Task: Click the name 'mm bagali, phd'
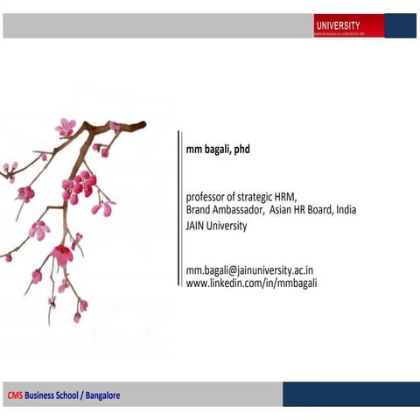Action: click(x=218, y=150)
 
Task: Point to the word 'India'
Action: click(x=346, y=210)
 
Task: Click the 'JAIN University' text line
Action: click(x=216, y=226)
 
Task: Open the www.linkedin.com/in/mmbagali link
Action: click(x=251, y=283)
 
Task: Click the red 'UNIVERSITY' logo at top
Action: click(x=347, y=26)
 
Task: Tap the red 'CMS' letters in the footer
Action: click(x=15, y=395)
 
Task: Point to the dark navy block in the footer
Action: click(x=350, y=394)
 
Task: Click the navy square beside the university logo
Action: click(x=401, y=25)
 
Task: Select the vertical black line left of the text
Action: click(x=178, y=210)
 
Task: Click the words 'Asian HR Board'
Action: click(x=302, y=210)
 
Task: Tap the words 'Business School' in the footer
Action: click(x=52, y=395)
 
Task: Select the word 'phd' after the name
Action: click(x=241, y=150)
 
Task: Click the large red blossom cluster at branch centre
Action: click(x=80, y=185)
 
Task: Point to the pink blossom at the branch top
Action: click(x=66, y=127)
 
